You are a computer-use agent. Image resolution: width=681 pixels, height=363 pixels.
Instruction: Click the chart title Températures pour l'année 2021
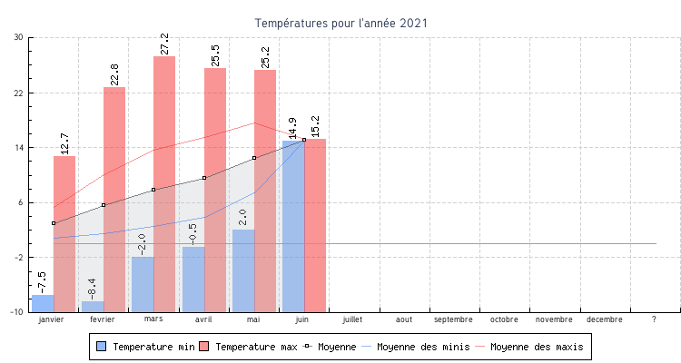pos(340,23)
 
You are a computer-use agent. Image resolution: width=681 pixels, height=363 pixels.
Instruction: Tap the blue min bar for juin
pos(293,226)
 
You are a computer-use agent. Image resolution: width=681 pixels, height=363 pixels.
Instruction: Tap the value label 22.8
pos(114,74)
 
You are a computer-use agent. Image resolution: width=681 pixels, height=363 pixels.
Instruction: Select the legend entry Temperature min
pos(144,347)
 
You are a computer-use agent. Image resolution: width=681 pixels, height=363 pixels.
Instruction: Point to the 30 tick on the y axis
pos(18,37)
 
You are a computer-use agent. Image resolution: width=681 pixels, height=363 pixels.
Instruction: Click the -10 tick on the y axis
pos(16,312)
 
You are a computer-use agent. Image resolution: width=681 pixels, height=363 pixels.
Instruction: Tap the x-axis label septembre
pos(453,319)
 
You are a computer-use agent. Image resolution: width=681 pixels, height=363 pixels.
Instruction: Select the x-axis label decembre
pos(604,319)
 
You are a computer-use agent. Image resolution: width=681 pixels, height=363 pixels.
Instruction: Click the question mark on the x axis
pos(654,319)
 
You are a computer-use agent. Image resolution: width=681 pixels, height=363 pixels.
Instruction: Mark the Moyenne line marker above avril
pos(204,178)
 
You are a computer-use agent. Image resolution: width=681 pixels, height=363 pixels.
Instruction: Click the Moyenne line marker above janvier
pos(54,223)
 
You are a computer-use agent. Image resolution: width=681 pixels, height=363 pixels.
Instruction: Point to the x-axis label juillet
pos(352,319)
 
